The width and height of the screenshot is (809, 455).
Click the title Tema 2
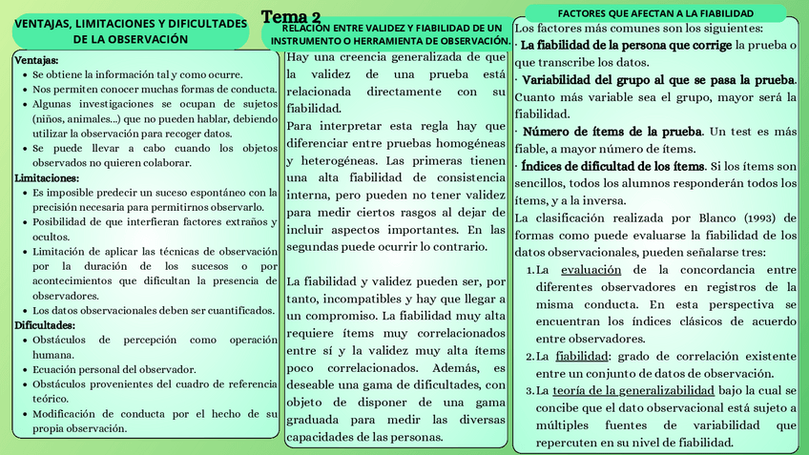tap(291, 18)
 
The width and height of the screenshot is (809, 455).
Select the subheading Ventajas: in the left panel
tap(37, 60)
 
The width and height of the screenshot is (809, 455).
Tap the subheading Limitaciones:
tap(47, 178)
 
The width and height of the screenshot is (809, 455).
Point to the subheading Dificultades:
tap(45, 325)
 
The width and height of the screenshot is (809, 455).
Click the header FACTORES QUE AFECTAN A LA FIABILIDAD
tap(655, 13)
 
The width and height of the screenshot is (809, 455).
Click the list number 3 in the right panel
tap(529, 391)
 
